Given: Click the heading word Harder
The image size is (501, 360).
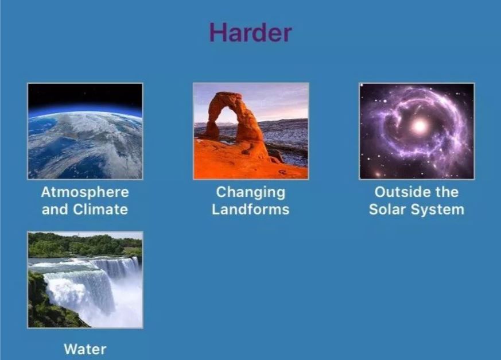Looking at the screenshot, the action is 250,32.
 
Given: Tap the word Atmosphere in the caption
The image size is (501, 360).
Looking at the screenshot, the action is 85,192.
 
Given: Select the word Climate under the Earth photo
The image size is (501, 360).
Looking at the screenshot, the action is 100,210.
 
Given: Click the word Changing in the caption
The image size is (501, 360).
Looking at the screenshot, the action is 250,193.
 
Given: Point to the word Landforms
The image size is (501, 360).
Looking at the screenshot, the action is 250,210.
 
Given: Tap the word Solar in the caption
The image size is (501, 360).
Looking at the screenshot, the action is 387,210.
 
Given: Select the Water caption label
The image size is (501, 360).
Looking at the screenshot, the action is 85,349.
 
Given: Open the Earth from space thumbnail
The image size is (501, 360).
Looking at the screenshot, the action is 85,131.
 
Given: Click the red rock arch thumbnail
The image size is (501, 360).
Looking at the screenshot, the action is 251,131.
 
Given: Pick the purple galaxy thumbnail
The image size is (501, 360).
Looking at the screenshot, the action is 417,131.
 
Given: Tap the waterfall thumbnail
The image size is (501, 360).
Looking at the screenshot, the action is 85,280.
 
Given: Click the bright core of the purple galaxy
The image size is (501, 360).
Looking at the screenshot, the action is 420,126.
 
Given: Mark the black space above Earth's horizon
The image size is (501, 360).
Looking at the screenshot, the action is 85,94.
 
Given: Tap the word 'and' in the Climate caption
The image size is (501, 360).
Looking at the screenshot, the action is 55,210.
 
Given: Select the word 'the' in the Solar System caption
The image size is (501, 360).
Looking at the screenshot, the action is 446,192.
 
